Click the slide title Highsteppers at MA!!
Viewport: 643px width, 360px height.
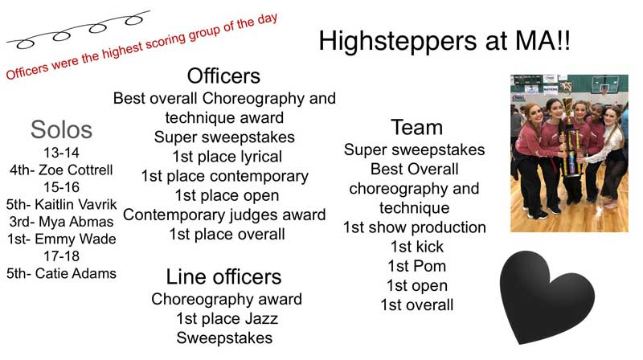[x=444, y=41]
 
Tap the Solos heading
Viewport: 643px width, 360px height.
[x=61, y=129]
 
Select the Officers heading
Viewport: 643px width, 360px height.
[x=223, y=76]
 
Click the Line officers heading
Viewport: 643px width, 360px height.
[x=223, y=277]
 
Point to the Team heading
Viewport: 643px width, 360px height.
[x=416, y=127]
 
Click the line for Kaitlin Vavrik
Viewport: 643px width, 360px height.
[x=61, y=204]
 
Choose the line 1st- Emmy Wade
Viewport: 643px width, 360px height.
[x=61, y=239]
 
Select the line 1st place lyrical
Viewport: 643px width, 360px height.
[x=224, y=156]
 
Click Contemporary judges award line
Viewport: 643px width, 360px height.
[x=224, y=215]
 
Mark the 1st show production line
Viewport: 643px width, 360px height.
[x=415, y=227]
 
